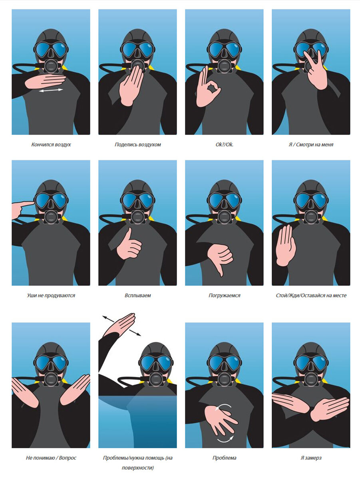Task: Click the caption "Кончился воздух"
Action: coord(51,144)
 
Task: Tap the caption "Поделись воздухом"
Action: coord(137,144)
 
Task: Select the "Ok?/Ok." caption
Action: coord(224,144)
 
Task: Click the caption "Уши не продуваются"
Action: coord(51,295)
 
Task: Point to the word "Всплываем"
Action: coord(137,295)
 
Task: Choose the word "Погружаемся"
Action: coord(224,295)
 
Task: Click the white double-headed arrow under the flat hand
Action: coord(51,90)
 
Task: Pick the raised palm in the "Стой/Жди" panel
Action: coord(285,245)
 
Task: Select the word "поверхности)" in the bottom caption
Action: coord(137,467)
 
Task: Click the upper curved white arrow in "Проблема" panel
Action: coord(223,406)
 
